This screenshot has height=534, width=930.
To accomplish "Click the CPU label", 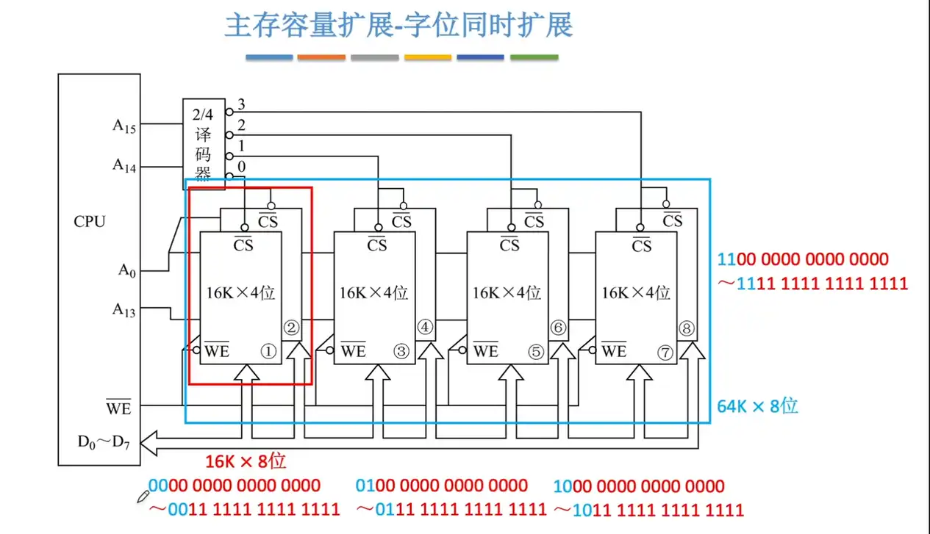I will tap(90, 222).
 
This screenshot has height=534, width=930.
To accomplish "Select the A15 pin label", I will tap(124, 126).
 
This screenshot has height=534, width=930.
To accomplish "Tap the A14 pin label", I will tap(124, 165).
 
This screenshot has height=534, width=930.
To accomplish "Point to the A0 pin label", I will tap(127, 270).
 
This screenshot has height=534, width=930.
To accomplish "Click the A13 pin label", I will tap(124, 309).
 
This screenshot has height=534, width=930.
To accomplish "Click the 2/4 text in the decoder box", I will tap(201, 115).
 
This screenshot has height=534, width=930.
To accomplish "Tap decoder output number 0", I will tap(241, 167).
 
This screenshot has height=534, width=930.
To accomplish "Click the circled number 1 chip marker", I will tap(268, 352).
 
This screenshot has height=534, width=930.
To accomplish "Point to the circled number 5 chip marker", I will tap(536, 352).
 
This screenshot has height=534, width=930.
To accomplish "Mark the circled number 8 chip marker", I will tap(687, 328).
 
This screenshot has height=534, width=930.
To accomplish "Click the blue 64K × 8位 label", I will tap(757, 405).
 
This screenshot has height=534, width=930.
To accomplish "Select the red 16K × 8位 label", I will tap(246, 461).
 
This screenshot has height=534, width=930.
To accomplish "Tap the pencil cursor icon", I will tap(143, 497).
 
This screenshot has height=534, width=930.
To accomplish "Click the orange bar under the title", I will tap(321, 57).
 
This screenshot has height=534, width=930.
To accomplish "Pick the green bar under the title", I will tap(534, 57).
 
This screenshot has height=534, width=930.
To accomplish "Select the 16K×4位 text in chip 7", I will tap(636, 292).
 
